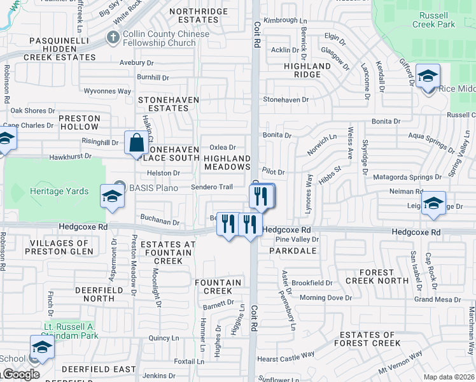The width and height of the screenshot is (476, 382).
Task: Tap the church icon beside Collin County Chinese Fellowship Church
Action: pos(113,38)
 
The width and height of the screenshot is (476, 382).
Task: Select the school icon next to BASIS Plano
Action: pos(111,196)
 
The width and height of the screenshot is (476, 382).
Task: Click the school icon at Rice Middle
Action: pos(428,78)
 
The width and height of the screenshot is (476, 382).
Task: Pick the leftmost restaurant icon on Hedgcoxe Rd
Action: pos(228,223)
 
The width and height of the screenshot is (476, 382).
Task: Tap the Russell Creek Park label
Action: pos(437,20)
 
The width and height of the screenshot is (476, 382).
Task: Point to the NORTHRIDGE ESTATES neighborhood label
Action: pos(198,15)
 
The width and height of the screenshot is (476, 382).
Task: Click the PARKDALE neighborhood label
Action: pos(293,251)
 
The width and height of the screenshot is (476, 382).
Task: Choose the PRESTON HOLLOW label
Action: pos(80,122)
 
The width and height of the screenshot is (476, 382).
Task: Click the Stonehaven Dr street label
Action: pos(286,100)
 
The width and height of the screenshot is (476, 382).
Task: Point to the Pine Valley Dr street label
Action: pos(297,239)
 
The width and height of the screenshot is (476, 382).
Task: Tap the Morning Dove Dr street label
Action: pos(325,298)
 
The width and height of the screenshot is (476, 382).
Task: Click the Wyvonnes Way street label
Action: pos(108,92)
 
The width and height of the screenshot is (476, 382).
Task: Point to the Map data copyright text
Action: pos(449,377)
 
